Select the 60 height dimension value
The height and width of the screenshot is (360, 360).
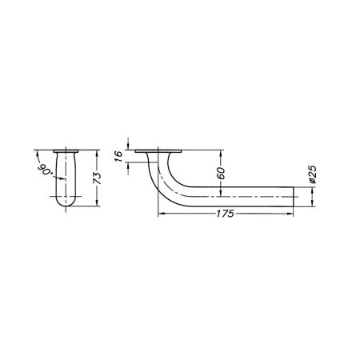coord(219,172)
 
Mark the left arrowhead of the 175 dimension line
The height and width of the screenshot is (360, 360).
coord(161,214)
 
